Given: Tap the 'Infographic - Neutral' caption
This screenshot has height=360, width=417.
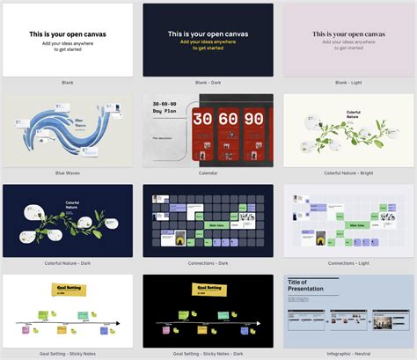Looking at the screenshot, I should click(x=348, y=354).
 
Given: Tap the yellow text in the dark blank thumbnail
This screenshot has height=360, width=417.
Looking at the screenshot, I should click(x=208, y=45).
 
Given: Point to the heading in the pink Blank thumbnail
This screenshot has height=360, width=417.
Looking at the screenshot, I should click(x=348, y=34).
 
